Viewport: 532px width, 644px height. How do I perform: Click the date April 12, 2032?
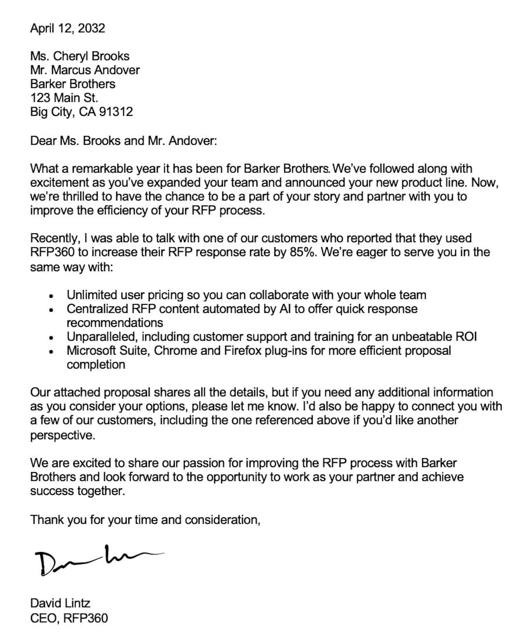click(x=68, y=28)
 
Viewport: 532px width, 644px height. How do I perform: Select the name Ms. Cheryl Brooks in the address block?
click(x=80, y=56)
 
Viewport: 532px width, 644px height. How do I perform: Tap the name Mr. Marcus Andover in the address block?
click(x=85, y=70)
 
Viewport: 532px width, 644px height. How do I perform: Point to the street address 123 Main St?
click(x=64, y=98)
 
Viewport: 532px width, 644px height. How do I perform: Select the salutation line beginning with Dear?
click(x=123, y=141)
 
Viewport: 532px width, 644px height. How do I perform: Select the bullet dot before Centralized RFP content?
click(x=51, y=310)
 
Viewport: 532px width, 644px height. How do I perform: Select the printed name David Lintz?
click(x=60, y=603)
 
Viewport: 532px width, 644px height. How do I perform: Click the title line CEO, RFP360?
click(x=69, y=618)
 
